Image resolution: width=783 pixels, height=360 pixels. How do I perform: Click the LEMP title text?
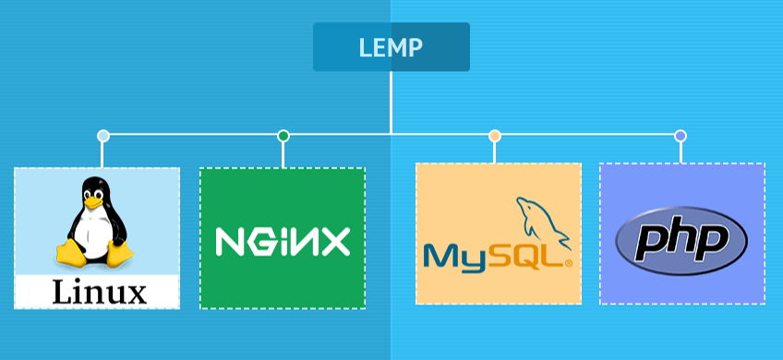point(391,47)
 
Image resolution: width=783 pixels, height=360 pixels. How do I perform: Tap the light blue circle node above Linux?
point(102,136)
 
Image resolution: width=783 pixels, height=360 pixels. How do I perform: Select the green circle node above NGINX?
point(283,136)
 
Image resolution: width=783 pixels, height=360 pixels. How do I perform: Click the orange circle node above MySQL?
point(494,136)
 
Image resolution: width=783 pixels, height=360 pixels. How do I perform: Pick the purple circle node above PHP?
point(681,136)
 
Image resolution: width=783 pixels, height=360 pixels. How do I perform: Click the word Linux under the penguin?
point(100,293)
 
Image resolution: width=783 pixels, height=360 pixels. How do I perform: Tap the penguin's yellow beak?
point(92,202)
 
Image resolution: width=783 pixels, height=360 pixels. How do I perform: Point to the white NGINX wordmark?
point(283,242)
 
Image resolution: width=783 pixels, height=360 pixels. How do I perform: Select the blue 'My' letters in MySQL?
point(454,258)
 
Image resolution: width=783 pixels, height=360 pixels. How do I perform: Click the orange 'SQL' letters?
point(524,257)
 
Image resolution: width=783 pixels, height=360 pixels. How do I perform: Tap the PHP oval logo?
point(681,241)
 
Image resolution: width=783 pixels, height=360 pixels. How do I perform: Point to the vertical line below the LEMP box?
point(391,102)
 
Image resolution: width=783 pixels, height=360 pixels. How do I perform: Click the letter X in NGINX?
point(335,242)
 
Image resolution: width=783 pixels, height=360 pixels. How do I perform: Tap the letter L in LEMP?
point(366,47)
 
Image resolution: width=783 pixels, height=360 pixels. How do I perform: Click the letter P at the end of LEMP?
point(416,47)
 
